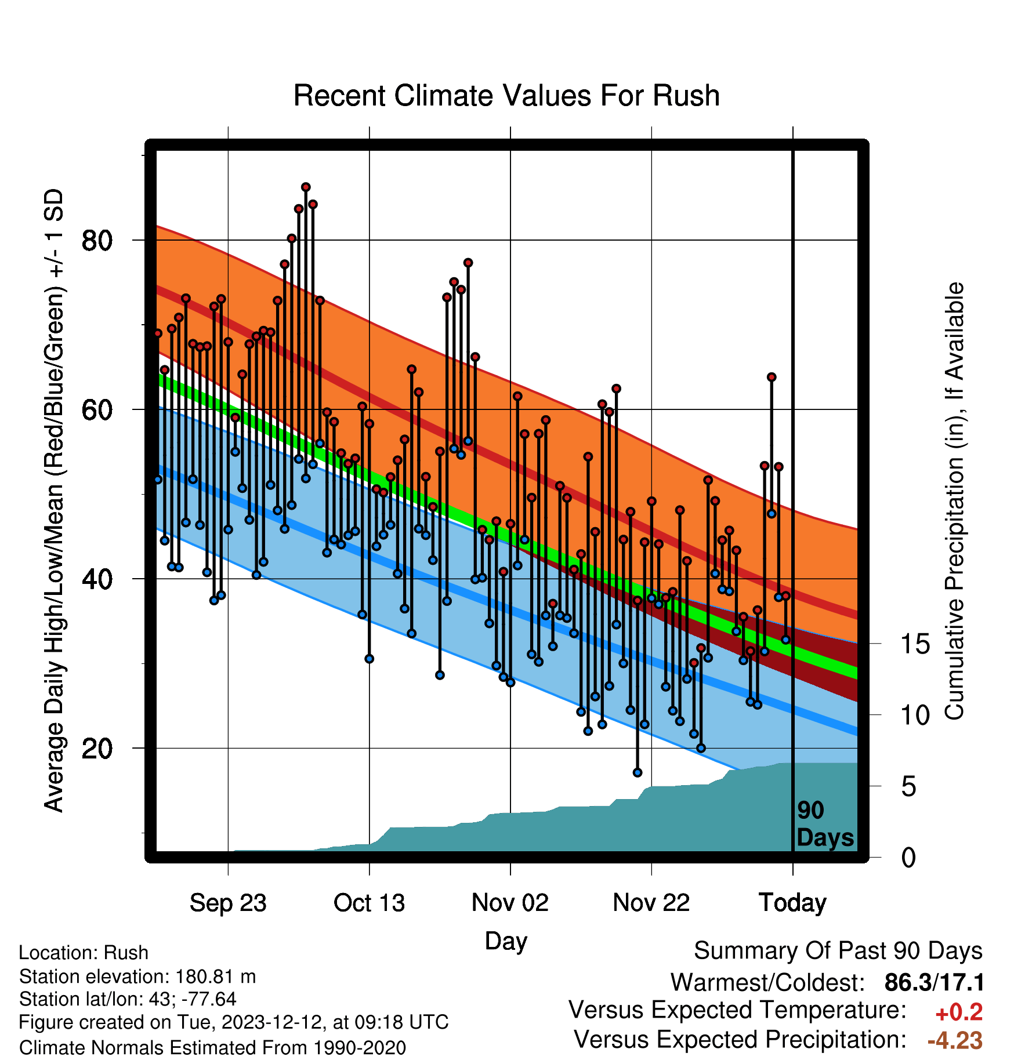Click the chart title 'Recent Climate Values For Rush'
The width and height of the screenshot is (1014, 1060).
click(x=506, y=96)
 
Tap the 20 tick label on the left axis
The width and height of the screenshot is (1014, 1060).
click(x=97, y=748)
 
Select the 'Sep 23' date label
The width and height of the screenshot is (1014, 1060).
click(x=228, y=903)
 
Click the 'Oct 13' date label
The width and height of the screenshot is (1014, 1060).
click(x=369, y=903)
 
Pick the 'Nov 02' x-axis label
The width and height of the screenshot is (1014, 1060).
click(x=510, y=903)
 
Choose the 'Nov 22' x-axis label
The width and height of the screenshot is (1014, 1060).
click(x=651, y=903)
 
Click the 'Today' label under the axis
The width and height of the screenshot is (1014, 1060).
click(x=792, y=903)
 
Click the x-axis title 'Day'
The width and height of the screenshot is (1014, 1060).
click(x=506, y=942)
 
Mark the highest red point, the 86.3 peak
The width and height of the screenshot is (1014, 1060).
click(x=306, y=187)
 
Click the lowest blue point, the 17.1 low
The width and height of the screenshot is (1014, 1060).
click(x=638, y=772)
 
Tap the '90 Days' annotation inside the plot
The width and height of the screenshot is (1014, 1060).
click(x=824, y=824)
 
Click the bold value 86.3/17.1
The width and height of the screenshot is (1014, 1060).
click(x=934, y=983)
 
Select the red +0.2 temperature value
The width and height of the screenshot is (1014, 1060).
click(x=959, y=1012)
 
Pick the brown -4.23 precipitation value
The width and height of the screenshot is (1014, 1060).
click(x=955, y=1041)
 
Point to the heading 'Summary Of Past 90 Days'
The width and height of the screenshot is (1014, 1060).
click(x=838, y=951)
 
